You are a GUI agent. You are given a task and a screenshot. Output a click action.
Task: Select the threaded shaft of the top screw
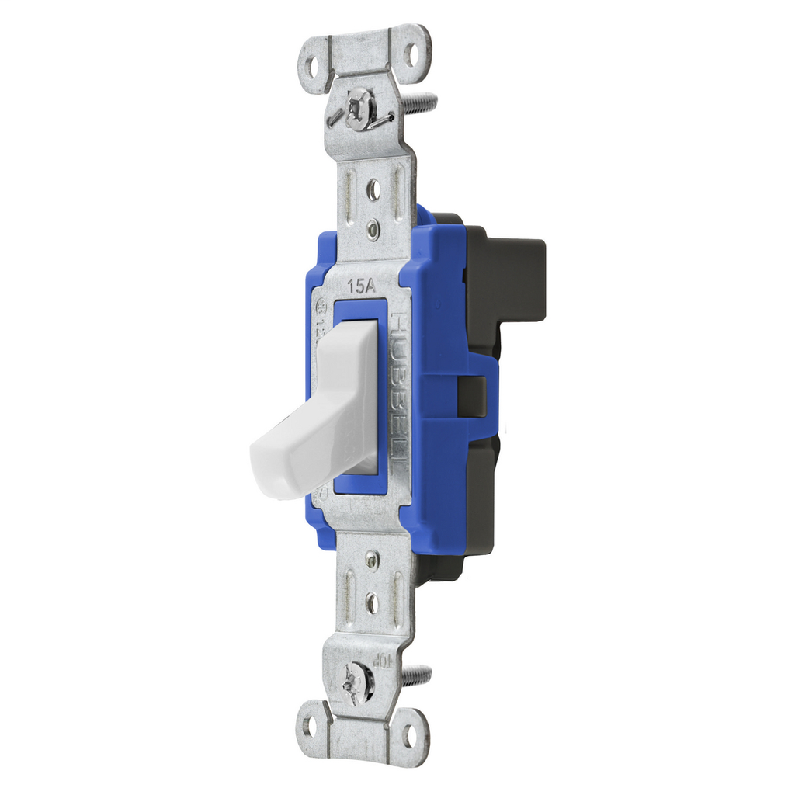[x=419, y=101]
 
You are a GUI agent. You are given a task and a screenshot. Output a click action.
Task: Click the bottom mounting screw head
[x=359, y=682]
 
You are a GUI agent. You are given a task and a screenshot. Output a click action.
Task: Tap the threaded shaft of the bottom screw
[x=418, y=675]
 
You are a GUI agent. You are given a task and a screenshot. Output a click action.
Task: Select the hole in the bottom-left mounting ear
[x=311, y=726]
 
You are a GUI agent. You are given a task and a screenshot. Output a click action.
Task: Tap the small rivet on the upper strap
[x=373, y=227]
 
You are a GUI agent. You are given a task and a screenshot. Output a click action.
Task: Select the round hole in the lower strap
[x=373, y=600]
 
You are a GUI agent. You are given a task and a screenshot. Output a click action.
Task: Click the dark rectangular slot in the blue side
[x=473, y=396]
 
